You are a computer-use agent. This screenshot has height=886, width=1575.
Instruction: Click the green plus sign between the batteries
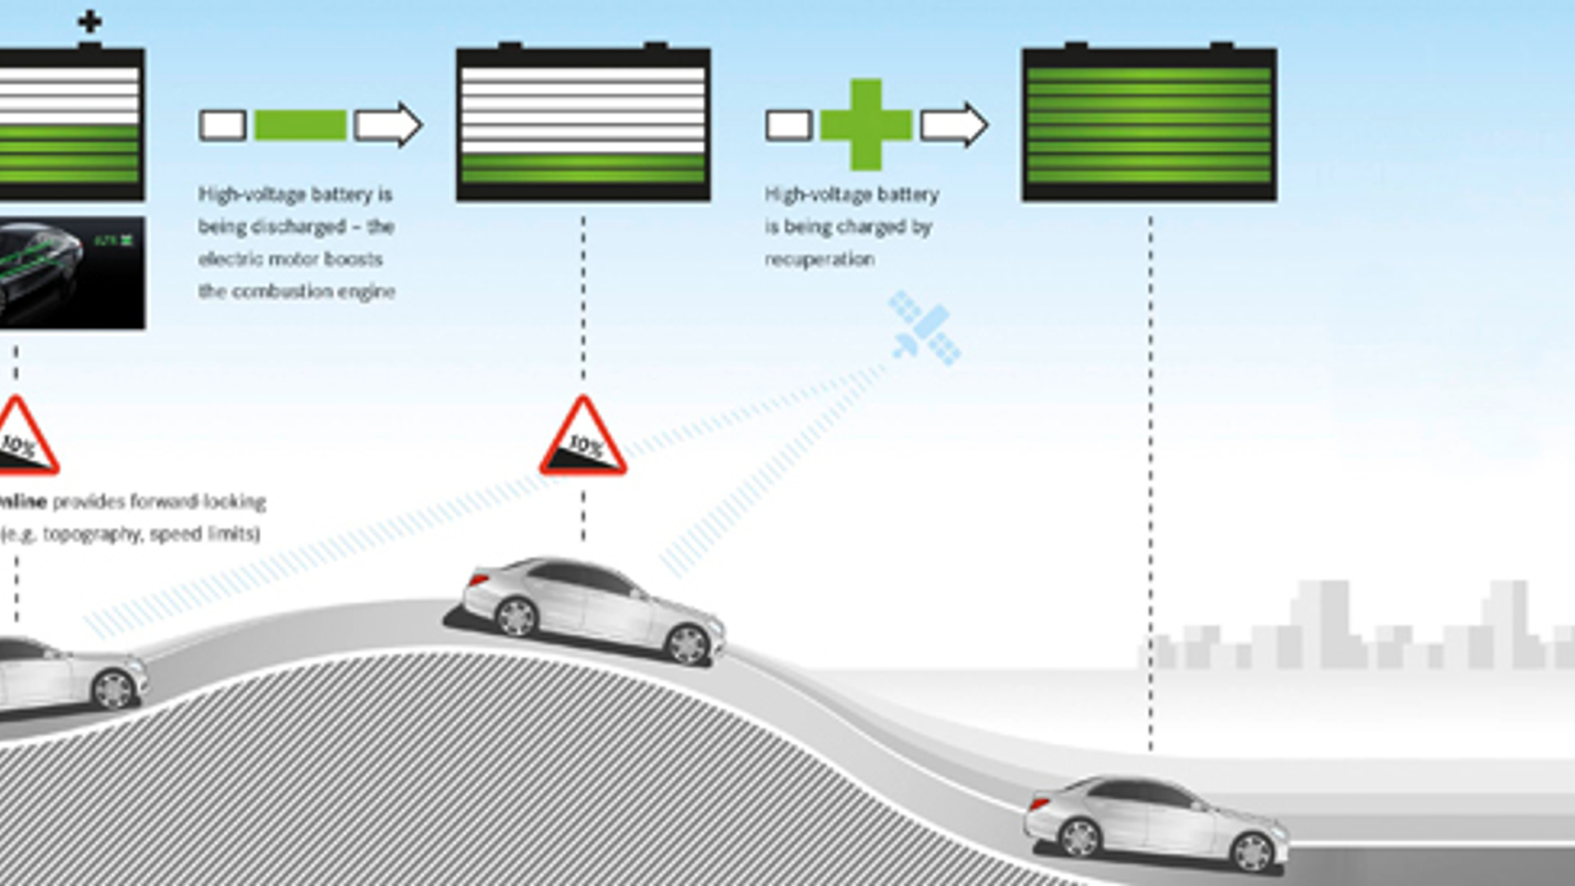[865, 125]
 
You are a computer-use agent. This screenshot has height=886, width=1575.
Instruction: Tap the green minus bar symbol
[300, 126]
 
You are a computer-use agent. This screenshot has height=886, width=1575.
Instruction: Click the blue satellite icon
[925, 328]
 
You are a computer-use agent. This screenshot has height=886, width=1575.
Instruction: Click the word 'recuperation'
[819, 259]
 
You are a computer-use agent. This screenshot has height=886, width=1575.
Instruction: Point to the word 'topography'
[91, 534]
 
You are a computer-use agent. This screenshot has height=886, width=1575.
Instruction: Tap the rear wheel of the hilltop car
[516, 617]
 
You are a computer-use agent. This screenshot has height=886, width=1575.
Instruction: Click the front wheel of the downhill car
[1253, 852]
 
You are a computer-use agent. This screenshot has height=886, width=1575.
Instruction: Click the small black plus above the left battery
[89, 22]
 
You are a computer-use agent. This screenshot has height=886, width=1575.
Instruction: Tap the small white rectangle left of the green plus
[788, 126]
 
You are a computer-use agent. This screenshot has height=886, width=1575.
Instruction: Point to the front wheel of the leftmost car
[113, 689]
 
